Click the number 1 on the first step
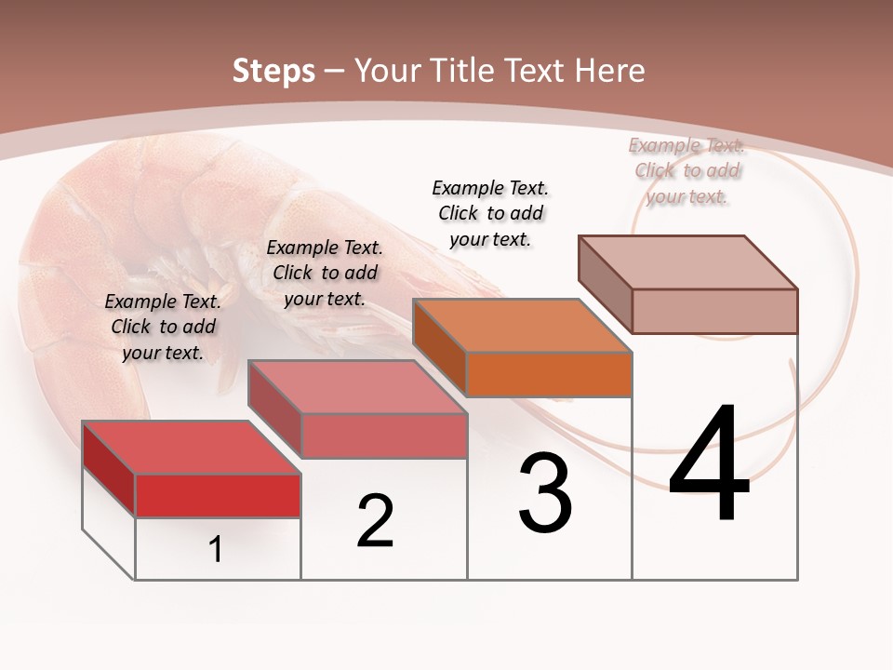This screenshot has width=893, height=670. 216,549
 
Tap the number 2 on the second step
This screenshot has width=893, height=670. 375,521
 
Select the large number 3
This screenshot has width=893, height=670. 545,493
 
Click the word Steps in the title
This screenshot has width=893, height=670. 273,71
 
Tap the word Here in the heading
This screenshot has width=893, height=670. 609,71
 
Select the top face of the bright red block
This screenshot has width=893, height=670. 192,448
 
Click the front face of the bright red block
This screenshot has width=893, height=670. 218,495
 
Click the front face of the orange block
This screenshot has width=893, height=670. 549,374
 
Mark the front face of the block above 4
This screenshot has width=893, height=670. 714,311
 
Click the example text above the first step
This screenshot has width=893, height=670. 163,327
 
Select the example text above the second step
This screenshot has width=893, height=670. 325,273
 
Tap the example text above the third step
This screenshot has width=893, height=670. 490,213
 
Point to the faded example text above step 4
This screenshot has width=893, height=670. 687,170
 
